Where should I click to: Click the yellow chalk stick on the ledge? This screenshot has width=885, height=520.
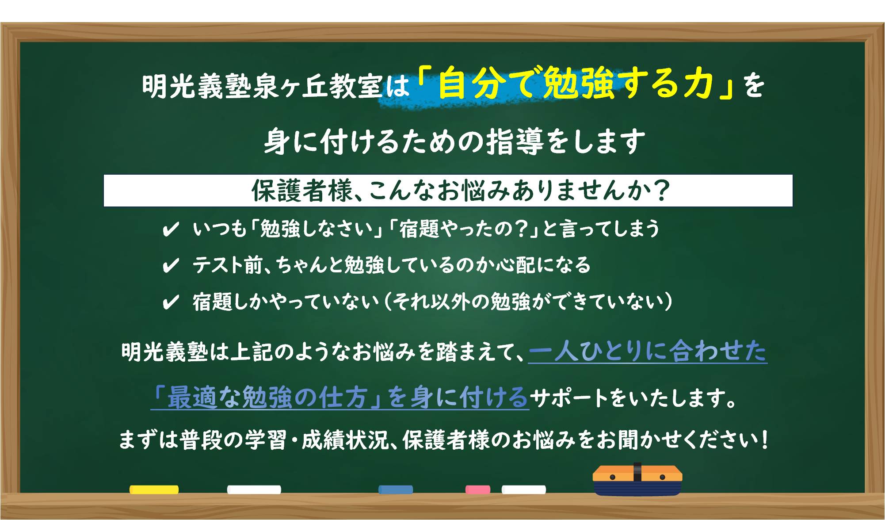click(154, 489)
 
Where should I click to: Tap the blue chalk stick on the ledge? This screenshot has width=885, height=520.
click(396, 489)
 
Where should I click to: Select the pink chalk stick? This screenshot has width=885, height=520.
click(478, 489)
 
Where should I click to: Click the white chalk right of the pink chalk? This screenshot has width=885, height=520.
click(524, 489)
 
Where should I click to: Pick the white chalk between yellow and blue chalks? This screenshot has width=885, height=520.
click(254, 489)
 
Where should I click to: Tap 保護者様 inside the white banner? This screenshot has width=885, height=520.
click(302, 191)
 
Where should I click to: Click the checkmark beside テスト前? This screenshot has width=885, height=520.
click(171, 266)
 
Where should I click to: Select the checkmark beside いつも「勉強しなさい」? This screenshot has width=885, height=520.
click(171, 229)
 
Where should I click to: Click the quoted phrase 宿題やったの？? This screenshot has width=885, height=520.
click(465, 229)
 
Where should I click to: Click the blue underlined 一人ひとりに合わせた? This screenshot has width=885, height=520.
click(648, 352)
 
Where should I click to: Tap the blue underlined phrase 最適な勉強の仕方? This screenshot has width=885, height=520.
click(267, 397)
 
